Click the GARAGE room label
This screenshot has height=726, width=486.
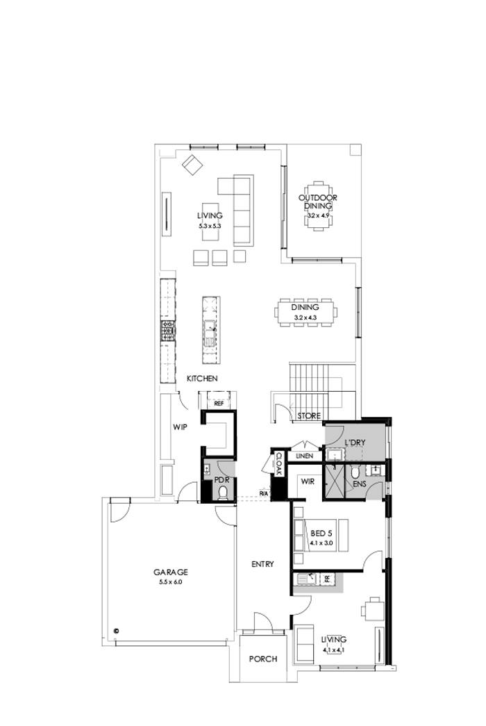(171, 572)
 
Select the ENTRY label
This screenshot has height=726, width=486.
(262, 564)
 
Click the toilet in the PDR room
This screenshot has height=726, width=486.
(223, 493)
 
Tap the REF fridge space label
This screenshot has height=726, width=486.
(218, 403)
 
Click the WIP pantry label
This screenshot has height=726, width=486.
(181, 428)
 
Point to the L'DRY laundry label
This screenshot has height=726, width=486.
(355, 442)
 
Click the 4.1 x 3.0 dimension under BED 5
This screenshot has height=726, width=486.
(323, 545)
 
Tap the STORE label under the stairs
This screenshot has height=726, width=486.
(309, 416)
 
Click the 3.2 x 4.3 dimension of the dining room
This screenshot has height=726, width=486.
(305, 317)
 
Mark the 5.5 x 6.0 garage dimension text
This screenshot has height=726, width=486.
(170, 581)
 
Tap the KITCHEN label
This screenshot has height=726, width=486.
(203, 379)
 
